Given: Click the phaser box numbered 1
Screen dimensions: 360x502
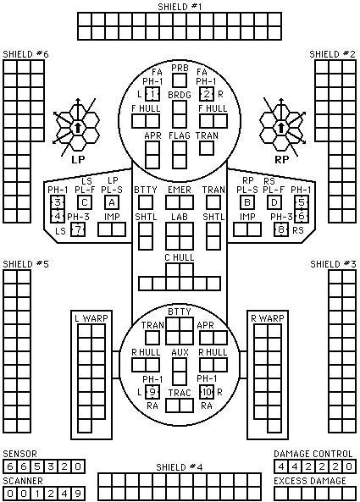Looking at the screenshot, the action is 152,94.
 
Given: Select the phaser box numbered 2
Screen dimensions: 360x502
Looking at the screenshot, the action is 207,94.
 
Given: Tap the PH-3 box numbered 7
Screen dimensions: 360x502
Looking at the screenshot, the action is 78,230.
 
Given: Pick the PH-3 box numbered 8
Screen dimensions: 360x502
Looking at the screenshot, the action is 281,230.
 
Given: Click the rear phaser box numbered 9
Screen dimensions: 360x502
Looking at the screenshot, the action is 152,392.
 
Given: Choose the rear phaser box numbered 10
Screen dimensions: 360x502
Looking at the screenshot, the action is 207,392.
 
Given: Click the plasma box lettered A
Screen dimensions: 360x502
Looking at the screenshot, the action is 112,202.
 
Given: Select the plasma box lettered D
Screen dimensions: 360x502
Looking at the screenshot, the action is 274,202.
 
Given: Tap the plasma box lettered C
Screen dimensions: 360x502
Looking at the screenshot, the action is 85,202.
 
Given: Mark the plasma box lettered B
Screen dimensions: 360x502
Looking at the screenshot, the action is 247,202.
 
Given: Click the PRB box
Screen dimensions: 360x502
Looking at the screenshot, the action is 180,80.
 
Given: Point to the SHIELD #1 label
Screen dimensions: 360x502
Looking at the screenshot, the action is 180,7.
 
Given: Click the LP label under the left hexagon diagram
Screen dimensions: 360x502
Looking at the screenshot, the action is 78,159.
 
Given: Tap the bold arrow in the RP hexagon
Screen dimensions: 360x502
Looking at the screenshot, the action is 281,128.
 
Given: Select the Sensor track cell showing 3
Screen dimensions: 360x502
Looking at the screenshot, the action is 51,466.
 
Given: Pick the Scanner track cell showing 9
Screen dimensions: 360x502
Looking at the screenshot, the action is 78,494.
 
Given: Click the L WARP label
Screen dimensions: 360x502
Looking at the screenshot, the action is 91,318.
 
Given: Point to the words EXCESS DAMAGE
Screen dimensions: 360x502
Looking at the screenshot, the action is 310,481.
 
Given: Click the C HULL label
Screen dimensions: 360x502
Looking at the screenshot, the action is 180,257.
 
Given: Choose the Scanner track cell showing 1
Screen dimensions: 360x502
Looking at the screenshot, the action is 37,494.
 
